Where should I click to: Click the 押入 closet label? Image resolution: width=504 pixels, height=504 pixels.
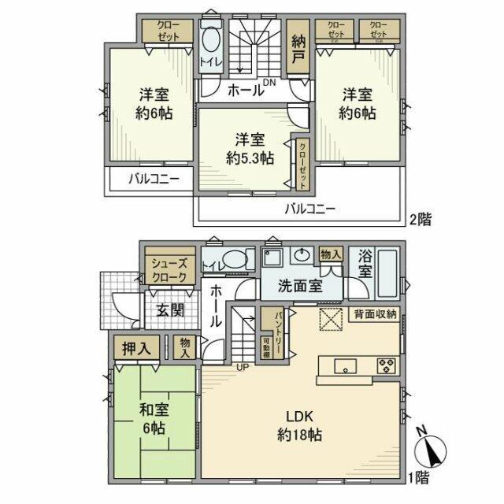coord(136,347)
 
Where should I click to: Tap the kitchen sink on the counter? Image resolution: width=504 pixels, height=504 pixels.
coord(346,365)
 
